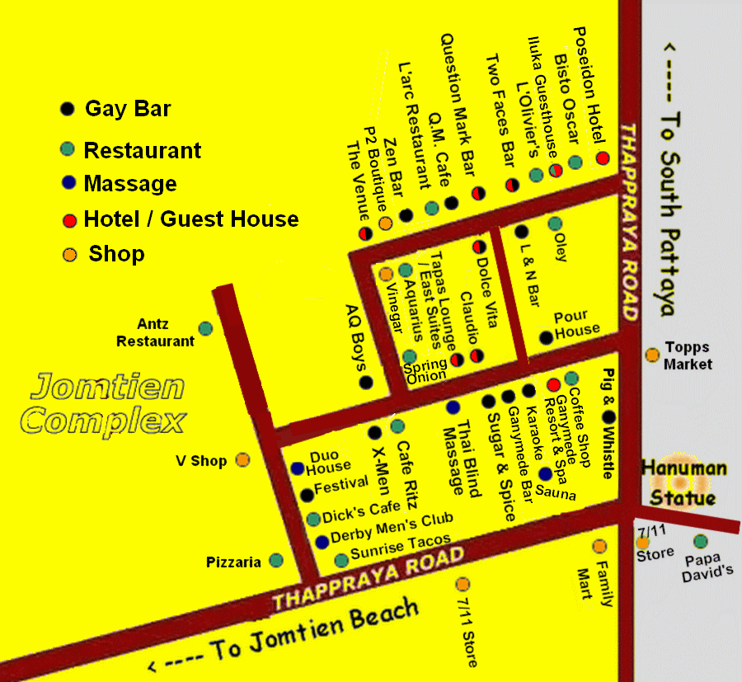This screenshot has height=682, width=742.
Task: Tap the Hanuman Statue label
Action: click(x=683, y=483)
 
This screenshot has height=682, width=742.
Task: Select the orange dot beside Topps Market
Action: click(x=652, y=355)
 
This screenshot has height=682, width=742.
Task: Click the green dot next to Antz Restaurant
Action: click(x=205, y=328)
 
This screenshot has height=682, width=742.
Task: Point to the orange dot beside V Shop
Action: click(x=243, y=460)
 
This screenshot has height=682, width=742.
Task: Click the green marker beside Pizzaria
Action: click(x=276, y=561)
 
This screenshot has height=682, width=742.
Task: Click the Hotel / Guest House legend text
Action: click(x=191, y=219)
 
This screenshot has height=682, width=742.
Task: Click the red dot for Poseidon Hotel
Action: click(x=603, y=158)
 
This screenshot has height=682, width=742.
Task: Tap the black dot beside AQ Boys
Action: click(x=366, y=382)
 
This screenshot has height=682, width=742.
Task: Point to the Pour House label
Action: click(x=576, y=323)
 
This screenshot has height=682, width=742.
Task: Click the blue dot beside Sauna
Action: click(x=545, y=473)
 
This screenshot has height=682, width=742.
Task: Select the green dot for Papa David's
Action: click(x=700, y=542)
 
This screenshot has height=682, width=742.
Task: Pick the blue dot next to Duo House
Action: click(x=298, y=468)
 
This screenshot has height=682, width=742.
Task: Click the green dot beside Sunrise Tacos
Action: click(x=341, y=561)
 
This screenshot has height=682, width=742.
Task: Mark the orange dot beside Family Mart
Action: click(x=599, y=546)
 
